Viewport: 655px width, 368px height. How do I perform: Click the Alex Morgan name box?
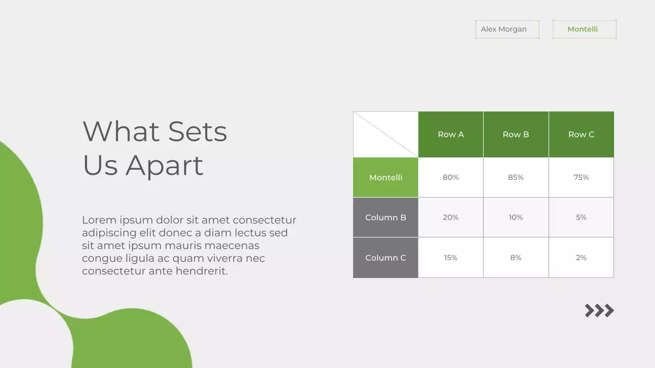[x=507, y=29]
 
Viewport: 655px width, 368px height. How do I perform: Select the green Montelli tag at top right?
[x=584, y=29]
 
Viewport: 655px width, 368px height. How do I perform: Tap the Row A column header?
[x=450, y=134]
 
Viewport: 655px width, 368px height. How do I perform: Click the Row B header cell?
[x=516, y=134]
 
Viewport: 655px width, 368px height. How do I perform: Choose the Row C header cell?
[x=581, y=134]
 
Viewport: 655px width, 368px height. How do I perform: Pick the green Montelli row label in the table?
[x=385, y=177]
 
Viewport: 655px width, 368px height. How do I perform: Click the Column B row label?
[x=385, y=217]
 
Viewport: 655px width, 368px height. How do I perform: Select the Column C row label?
[x=385, y=258]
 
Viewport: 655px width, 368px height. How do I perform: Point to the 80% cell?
[x=450, y=177]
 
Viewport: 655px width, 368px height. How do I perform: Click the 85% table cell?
[x=516, y=177]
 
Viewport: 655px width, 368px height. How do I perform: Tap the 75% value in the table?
[x=581, y=177]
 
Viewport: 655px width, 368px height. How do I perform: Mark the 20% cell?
[x=450, y=217]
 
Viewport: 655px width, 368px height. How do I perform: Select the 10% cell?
[x=516, y=217]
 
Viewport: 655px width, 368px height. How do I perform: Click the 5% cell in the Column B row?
[x=581, y=217]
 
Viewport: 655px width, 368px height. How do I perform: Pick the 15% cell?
[x=450, y=258]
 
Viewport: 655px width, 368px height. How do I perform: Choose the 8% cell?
[x=516, y=258]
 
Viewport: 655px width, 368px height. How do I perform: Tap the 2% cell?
[x=581, y=258]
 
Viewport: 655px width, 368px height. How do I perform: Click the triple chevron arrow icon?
[x=599, y=310]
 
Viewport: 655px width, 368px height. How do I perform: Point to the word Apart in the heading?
[x=164, y=166]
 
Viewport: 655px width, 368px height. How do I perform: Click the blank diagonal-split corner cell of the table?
[x=385, y=134]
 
